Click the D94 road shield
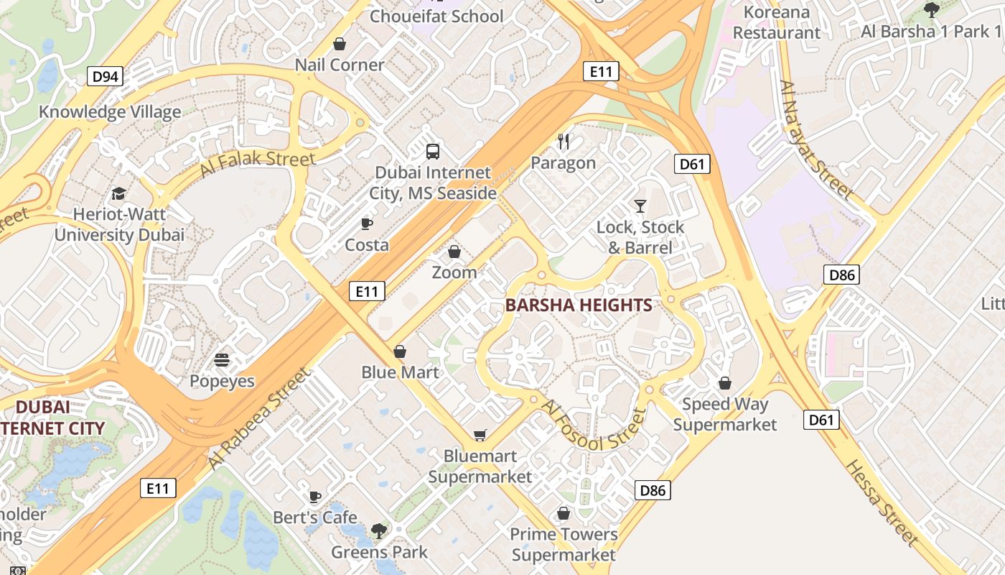[x=105, y=75]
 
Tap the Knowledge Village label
[x=110, y=112]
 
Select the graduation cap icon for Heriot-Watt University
[x=118, y=193]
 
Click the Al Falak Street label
[x=257, y=162]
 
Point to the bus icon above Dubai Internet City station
[x=433, y=151]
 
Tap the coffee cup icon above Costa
[x=367, y=224]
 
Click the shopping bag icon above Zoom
[x=454, y=252]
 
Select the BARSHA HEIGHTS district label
[x=579, y=305]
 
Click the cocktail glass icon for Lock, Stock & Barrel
[x=640, y=206]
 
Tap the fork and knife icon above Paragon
[x=564, y=142]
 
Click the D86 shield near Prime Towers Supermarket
[x=653, y=491]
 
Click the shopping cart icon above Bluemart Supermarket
[x=480, y=435]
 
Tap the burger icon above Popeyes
[x=222, y=359]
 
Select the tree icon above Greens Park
[x=378, y=531]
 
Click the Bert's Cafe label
[x=314, y=517]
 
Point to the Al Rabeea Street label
[x=260, y=419]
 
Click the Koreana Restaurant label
[x=777, y=22]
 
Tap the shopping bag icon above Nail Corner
[x=340, y=44]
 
